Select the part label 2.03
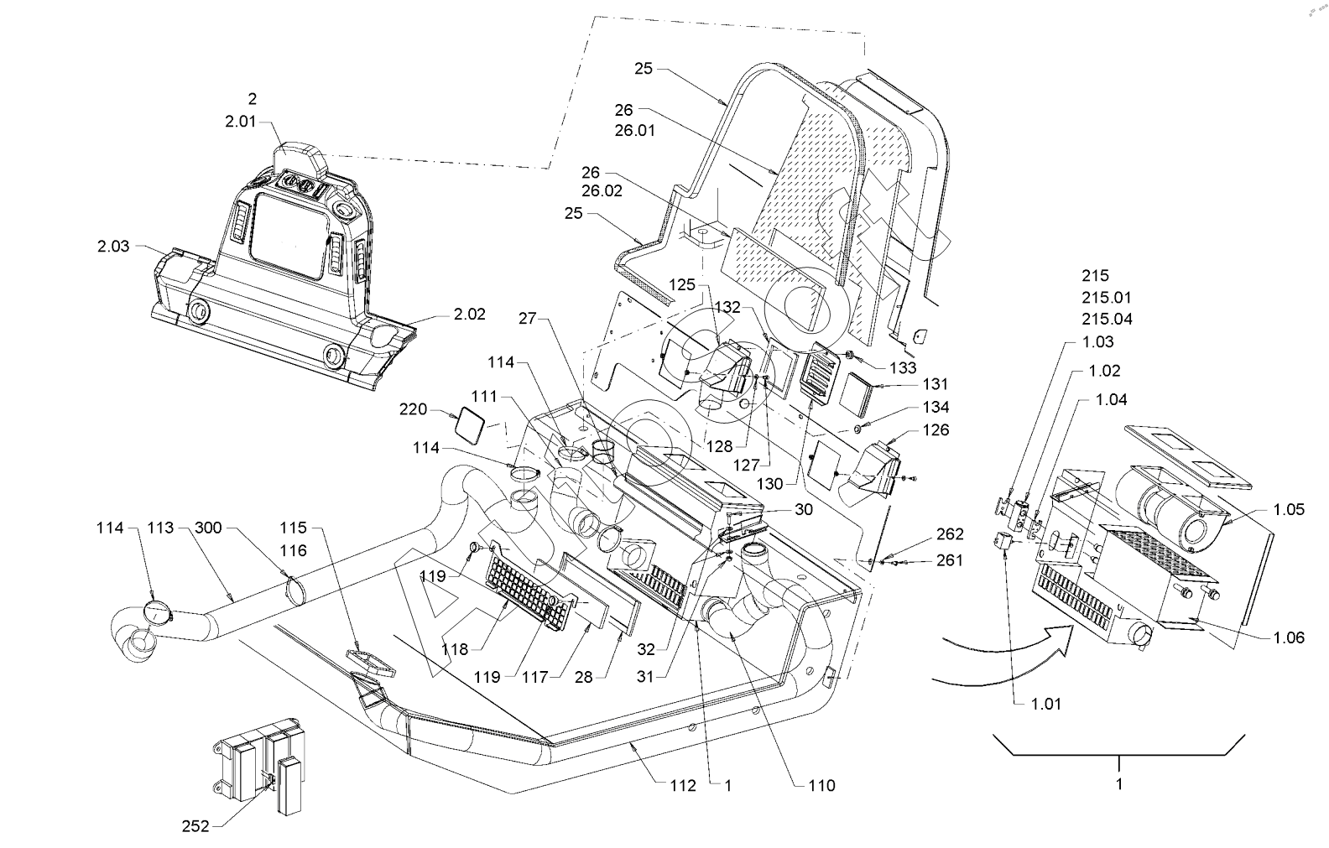(x=113, y=246)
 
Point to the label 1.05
(x=1289, y=509)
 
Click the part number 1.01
(x=1045, y=704)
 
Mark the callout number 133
(x=904, y=367)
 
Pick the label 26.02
(x=602, y=191)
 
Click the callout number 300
(x=209, y=528)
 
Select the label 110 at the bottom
(x=821, y=785)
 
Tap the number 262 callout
(x=950, y=534)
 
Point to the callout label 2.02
(x=470, y=315)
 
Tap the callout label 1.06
(x=1289, y=637)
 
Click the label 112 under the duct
(x=683, y=785)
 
